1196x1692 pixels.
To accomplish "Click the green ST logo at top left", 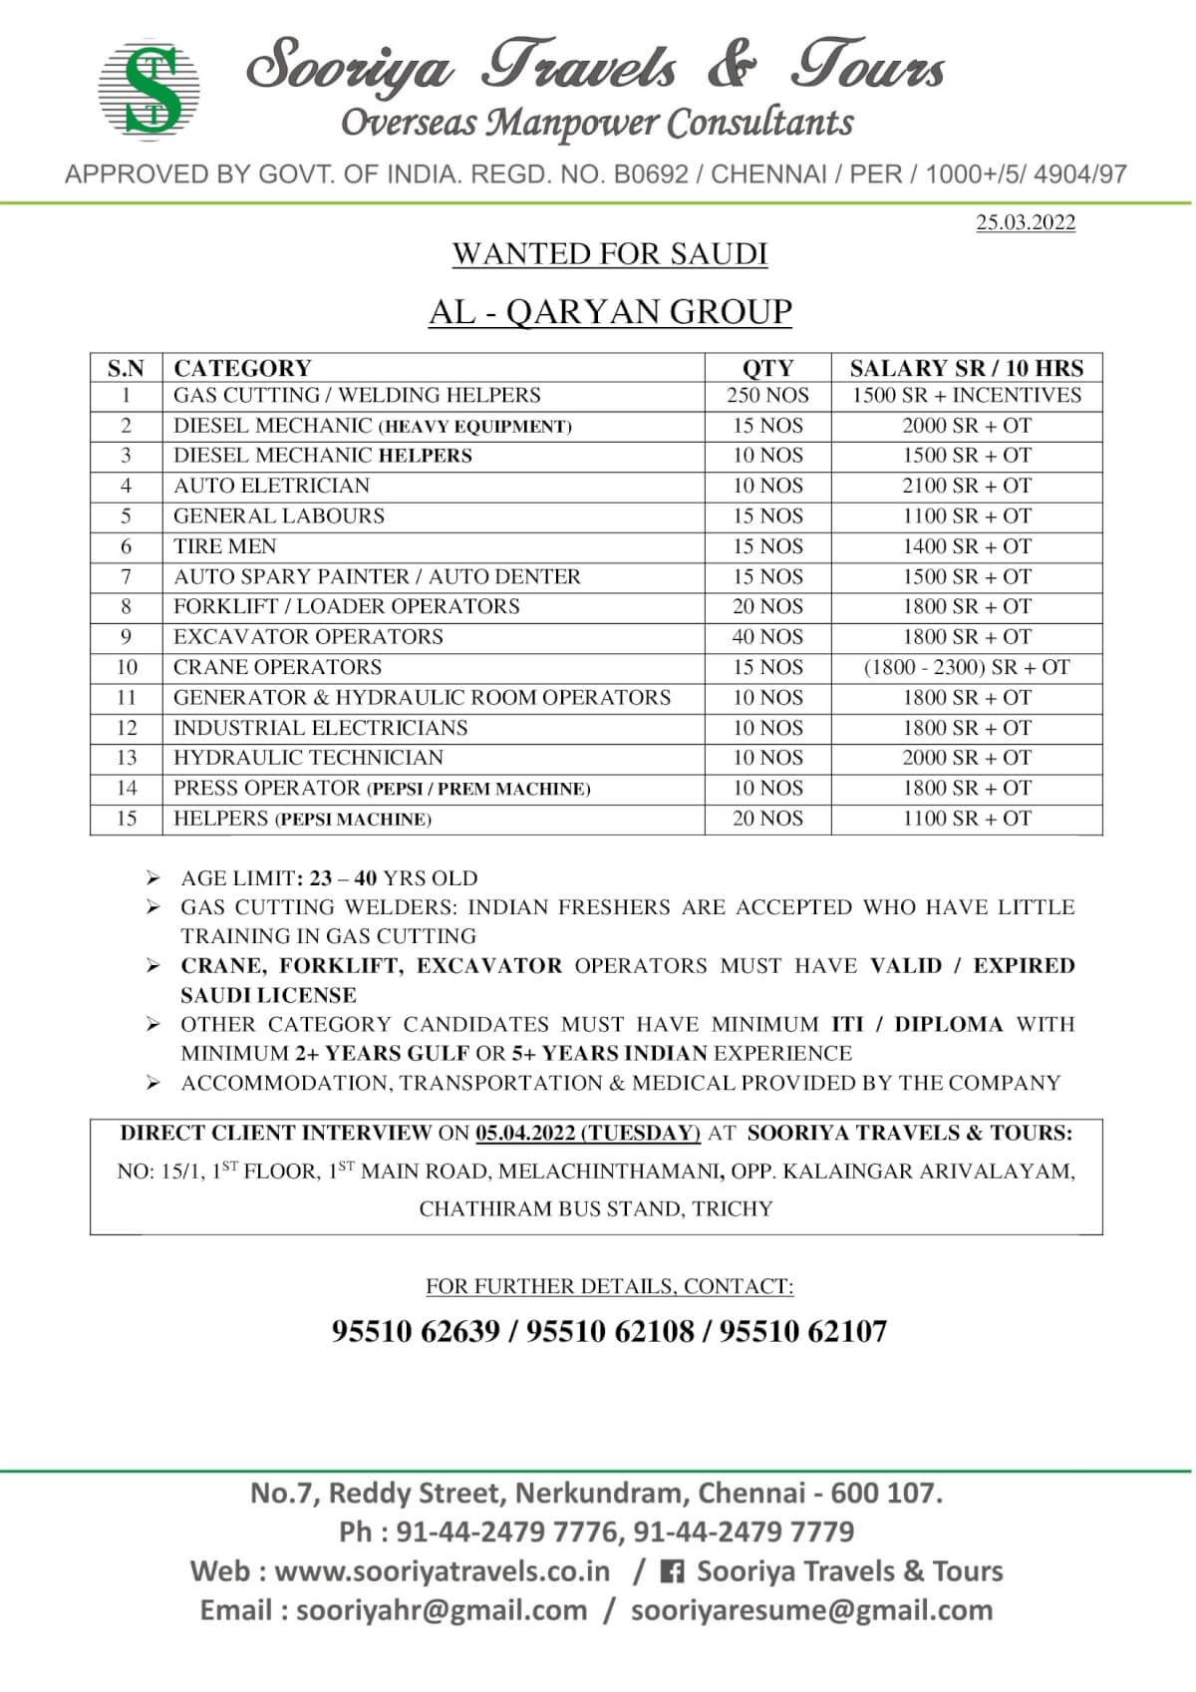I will click(x=150, y=89).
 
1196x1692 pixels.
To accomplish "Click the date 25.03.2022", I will click(x=1026, y=222).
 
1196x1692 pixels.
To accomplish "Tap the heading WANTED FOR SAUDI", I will click(x=610, y=254).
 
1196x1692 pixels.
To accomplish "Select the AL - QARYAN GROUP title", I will click(x=610, y=312).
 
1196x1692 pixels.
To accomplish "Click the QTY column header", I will click(x=767, y=368).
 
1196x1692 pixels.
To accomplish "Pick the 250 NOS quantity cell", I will click(x=767, y=396).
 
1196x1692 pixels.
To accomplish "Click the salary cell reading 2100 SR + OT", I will click(x=967, y=486).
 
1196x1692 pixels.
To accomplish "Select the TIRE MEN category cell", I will click(x=225, y=546).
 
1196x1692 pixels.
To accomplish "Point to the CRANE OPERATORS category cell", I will click(x=277, y=667).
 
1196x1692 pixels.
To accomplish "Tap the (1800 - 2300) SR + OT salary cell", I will click(x=967, y=667).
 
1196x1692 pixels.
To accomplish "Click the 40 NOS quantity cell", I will click(x=767, y=637).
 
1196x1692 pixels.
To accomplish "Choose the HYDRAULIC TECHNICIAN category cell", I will click(x=308, y=758).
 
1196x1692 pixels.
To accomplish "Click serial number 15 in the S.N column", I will click(x=127, y=819).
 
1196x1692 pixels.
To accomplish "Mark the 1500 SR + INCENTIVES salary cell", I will click(x=967, y=396).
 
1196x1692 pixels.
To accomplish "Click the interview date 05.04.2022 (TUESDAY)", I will click(x=588, y=1134).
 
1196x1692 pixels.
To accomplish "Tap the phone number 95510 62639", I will click(x=416, y=1331).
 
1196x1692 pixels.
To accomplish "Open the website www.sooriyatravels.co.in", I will click(x=442, y=1571).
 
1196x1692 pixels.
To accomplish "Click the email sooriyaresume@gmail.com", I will click(x=811, y=1610).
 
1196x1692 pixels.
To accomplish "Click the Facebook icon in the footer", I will click(x=673, y=1572).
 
